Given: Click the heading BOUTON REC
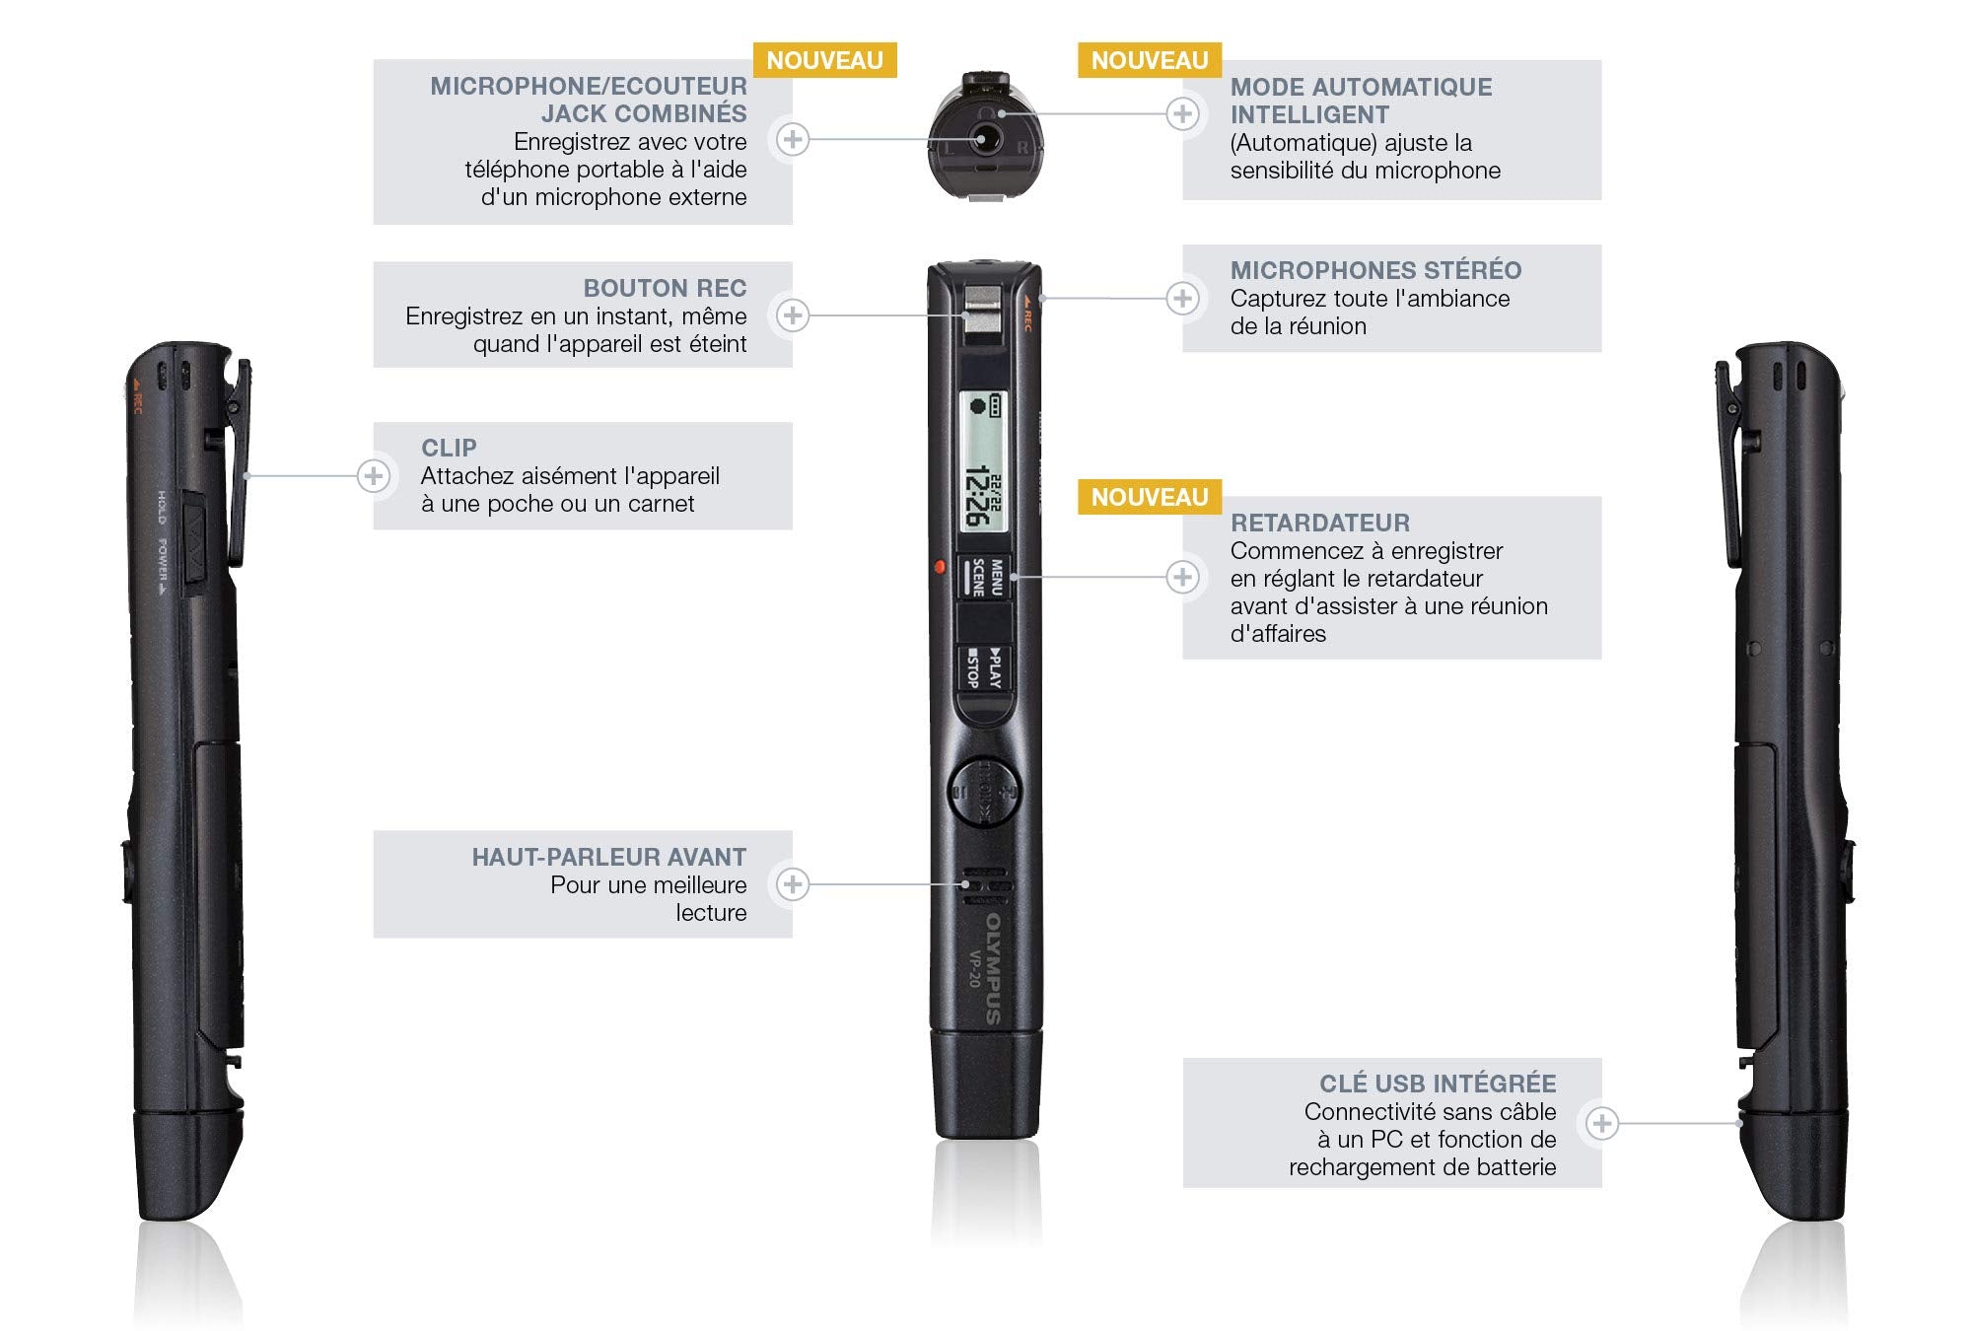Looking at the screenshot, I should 665,289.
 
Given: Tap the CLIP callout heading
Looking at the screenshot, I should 449,449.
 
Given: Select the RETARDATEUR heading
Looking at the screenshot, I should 1319,524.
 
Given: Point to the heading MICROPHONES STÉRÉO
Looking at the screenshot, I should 1375,271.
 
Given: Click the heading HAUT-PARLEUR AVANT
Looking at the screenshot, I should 608,858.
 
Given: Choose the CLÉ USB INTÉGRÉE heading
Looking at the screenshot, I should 1438,1085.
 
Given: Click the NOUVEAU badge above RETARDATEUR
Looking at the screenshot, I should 1150,498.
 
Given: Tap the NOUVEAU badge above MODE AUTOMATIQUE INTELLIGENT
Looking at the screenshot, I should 1150,61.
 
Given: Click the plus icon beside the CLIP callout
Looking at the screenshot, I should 373,477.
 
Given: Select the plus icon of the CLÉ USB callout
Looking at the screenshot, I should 1602,1123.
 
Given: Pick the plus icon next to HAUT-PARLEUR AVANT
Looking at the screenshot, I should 793,884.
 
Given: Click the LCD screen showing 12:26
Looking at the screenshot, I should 983,462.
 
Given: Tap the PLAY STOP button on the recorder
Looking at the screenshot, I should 984,668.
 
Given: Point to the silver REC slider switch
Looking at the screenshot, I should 983,310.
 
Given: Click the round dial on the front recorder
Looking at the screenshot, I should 983,792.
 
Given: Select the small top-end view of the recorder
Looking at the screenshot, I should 984,137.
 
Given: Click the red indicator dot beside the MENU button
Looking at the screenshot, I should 940,567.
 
